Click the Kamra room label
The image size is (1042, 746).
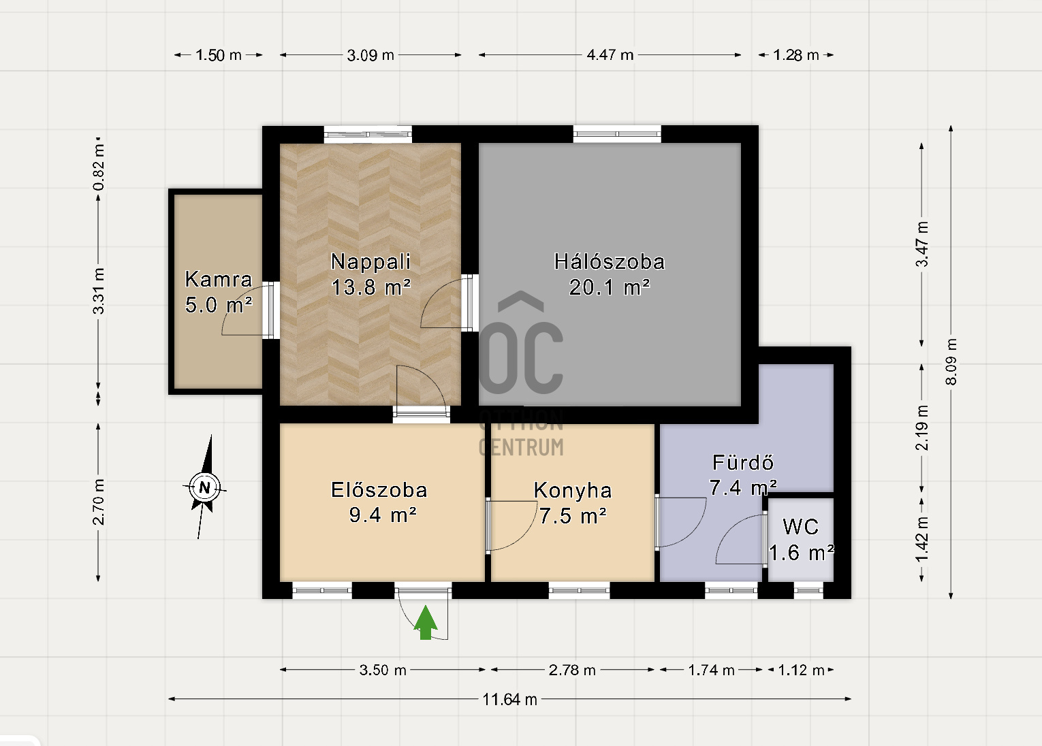[x=219, y=279]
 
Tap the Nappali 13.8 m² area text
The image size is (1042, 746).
[x=370, y=287]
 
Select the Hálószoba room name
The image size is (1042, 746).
[x=610, y=261]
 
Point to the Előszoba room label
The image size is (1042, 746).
[x=379, y=490]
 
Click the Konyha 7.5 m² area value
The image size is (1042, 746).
[x=573, y=516]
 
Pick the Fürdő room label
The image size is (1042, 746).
[x=743, y=462]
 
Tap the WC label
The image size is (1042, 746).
[x=801, y=527]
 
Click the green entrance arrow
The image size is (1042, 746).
[x=426, y=623]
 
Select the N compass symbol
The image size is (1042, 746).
[x=205, y=487]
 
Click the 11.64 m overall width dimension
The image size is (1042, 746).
[x=510, y=699]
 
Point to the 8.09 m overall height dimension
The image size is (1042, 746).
[x=951, y=362]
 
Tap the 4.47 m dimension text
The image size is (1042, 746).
[x=610, y=55]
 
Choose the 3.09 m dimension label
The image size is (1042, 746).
[x=370, y=55]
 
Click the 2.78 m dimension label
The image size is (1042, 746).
[x=572, y=670]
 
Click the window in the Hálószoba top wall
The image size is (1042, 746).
[x=617, y=134]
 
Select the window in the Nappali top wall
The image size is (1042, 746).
[x=368, y=134]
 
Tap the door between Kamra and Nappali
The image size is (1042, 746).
[x=270, y=310]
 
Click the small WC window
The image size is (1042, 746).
[x=808, y=590]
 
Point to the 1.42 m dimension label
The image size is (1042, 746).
[x=922, y=539]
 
